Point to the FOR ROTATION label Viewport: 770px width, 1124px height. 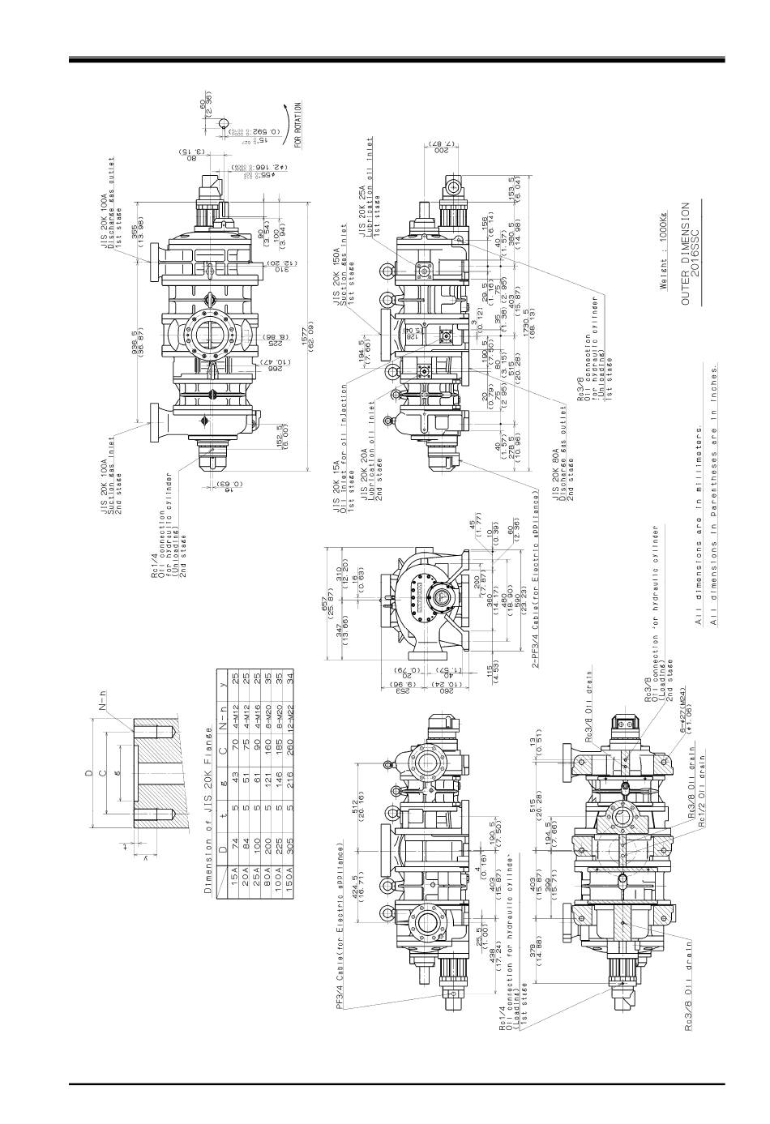click(x=298, y=124)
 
